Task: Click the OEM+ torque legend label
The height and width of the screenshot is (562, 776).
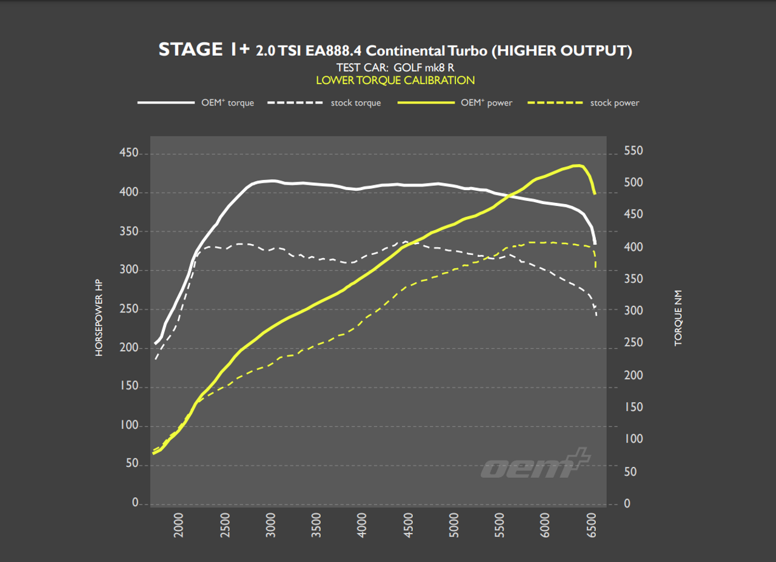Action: tap(227, 103)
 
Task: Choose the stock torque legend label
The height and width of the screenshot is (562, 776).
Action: tap(355, 103)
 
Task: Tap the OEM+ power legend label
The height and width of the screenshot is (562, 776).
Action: tap(486, 103)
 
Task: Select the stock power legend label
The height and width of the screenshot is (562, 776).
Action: tap(615, 103)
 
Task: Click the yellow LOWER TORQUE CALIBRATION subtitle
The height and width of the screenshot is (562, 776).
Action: tap(395, 80)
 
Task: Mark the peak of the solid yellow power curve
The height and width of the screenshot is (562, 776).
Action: tap(579, 165)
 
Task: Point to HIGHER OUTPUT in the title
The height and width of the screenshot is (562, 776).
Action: tap(561, 50)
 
